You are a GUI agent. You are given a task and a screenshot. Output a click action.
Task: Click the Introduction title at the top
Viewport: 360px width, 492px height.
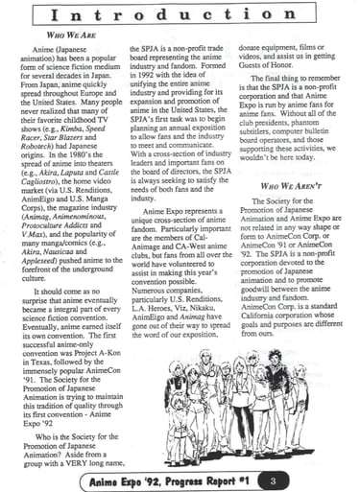[x=180, y=16]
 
